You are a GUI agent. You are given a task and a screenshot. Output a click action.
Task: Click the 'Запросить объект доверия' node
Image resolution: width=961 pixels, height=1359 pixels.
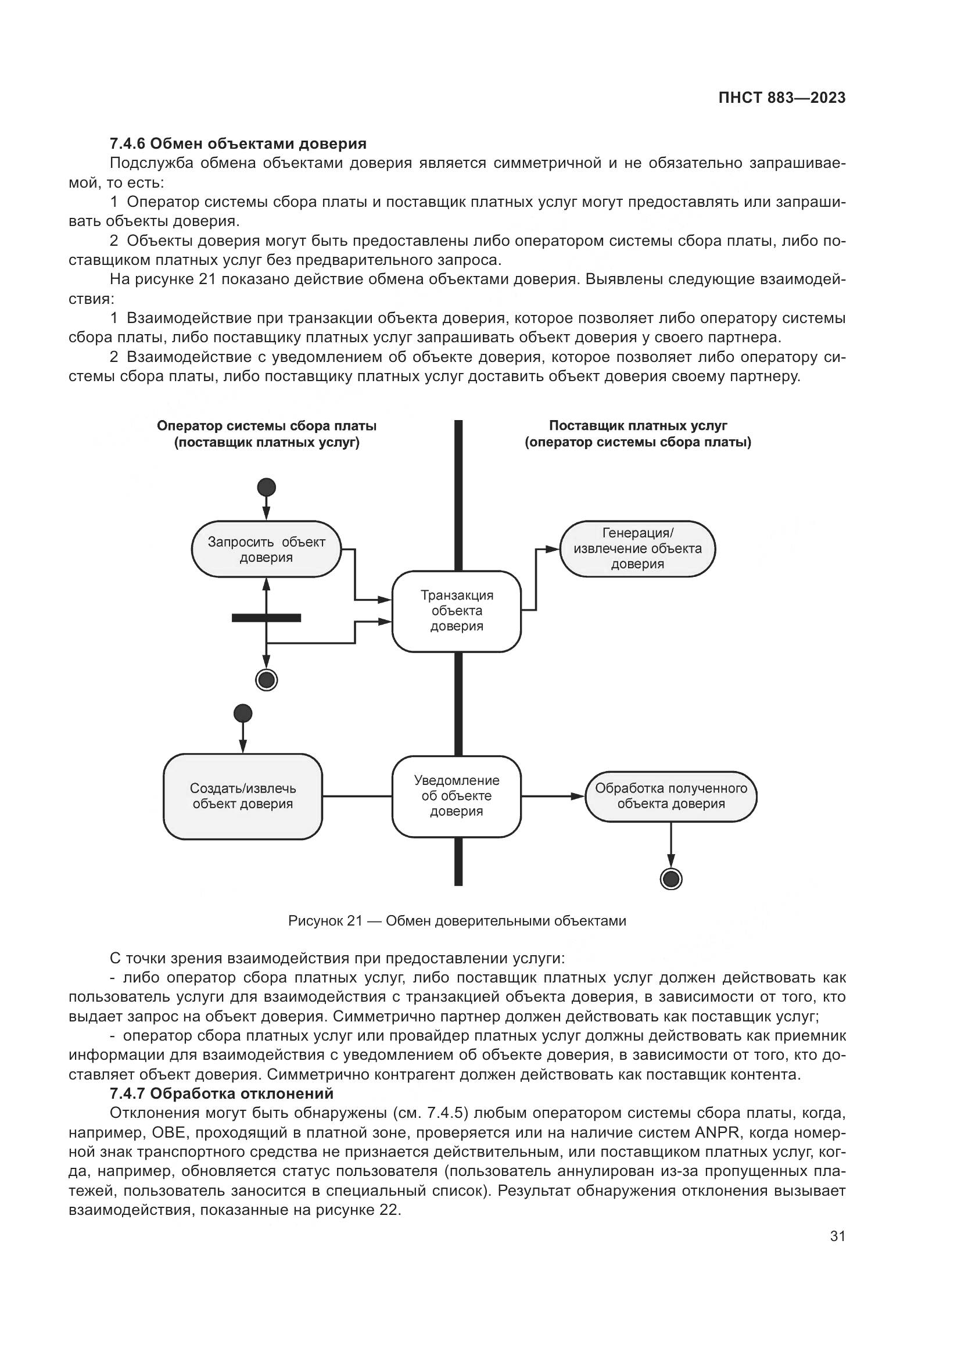pos(266,549)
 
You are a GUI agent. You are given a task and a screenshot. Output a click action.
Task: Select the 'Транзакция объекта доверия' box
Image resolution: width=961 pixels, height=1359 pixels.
pos(456,611)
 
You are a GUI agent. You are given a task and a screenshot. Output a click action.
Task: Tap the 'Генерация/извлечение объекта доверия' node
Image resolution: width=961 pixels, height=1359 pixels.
pos(637,548)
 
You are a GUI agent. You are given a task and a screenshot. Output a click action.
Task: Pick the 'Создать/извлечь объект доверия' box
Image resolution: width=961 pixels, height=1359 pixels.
pos(243,796)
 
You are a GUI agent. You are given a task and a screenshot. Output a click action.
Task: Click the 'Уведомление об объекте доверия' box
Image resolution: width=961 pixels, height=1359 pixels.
pos(456,796)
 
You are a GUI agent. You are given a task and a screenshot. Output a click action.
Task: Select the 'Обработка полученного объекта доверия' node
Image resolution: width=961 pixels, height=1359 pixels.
pos(670,796)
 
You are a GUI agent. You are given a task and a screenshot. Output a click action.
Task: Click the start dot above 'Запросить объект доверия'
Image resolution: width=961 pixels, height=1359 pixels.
pos(266,487)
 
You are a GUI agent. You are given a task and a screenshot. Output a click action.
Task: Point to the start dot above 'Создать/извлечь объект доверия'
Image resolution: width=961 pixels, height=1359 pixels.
pos(243,713)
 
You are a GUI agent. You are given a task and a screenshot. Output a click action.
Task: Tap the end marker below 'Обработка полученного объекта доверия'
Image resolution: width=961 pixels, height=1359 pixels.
pos(670,879)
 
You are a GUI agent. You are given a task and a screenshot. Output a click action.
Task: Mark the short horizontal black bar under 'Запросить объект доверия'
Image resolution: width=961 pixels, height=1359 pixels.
pos(266,618)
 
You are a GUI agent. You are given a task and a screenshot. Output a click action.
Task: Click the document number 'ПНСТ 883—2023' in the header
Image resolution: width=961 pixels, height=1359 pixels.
pos(781,98)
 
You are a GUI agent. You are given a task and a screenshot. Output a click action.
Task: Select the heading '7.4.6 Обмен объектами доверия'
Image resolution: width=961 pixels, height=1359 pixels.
pos(238,144)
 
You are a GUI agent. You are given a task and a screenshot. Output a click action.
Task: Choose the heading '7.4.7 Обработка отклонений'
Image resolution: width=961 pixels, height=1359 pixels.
pos(221,1093)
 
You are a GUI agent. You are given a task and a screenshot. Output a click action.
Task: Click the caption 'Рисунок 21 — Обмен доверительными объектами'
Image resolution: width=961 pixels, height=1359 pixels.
pos(456,921)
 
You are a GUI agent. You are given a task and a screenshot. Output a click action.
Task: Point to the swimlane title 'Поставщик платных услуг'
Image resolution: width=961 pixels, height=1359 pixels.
pos(637,425)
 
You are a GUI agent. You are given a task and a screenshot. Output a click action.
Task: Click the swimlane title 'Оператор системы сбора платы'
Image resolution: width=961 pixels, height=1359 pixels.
pos(266,426)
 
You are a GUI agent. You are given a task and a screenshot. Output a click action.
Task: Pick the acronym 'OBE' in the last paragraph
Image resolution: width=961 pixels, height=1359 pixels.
pos(169,1132)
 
